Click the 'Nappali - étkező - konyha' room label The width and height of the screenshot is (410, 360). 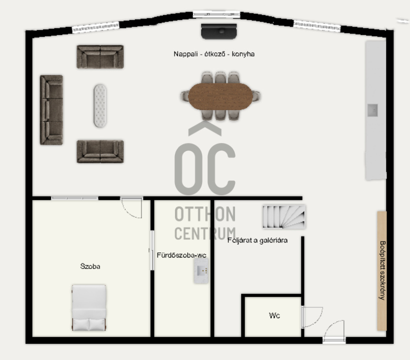tap(214, 54)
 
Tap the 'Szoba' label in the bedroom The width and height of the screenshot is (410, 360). tap(90, 266)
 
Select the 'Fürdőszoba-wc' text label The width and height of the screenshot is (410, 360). tap(181, 255)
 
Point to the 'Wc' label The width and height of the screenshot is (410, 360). tap(274, 315)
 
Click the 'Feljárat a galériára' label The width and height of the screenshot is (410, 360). tap(257, 240)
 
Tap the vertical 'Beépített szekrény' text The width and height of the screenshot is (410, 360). tap(382, 270)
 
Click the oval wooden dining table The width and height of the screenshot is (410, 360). tap(220, 96)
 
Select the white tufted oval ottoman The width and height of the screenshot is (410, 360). tap(100, 105)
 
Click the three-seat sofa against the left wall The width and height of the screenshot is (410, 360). tap(51, 110)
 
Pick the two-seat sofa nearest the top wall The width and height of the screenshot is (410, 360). tap(100, 56)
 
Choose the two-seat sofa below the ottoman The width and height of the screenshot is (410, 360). tap(100, 151)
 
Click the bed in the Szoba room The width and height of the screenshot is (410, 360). tap(89, 307)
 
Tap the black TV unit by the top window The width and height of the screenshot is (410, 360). tap(219, 31)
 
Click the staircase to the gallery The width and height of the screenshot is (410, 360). tap(284, 216)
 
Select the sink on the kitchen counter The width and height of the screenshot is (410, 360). tap(372, 110)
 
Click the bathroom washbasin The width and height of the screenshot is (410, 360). tap(201, 270)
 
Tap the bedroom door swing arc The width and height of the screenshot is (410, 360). tap(131, 208)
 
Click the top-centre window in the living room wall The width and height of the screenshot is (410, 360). tap(216, 14)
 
